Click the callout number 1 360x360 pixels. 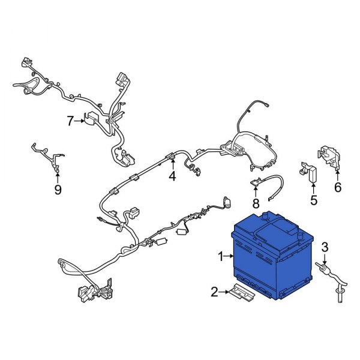coord(221,256)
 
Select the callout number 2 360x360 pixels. coord(214,292)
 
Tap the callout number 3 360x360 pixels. coord(325,247)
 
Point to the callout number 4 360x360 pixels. coord(172,176)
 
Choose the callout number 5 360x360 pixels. coord(314,200)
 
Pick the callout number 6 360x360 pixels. coord(338,187)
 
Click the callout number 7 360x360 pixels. coord(70,121)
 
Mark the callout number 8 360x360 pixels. coord(256,203)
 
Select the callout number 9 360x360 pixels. coord(58,190)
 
